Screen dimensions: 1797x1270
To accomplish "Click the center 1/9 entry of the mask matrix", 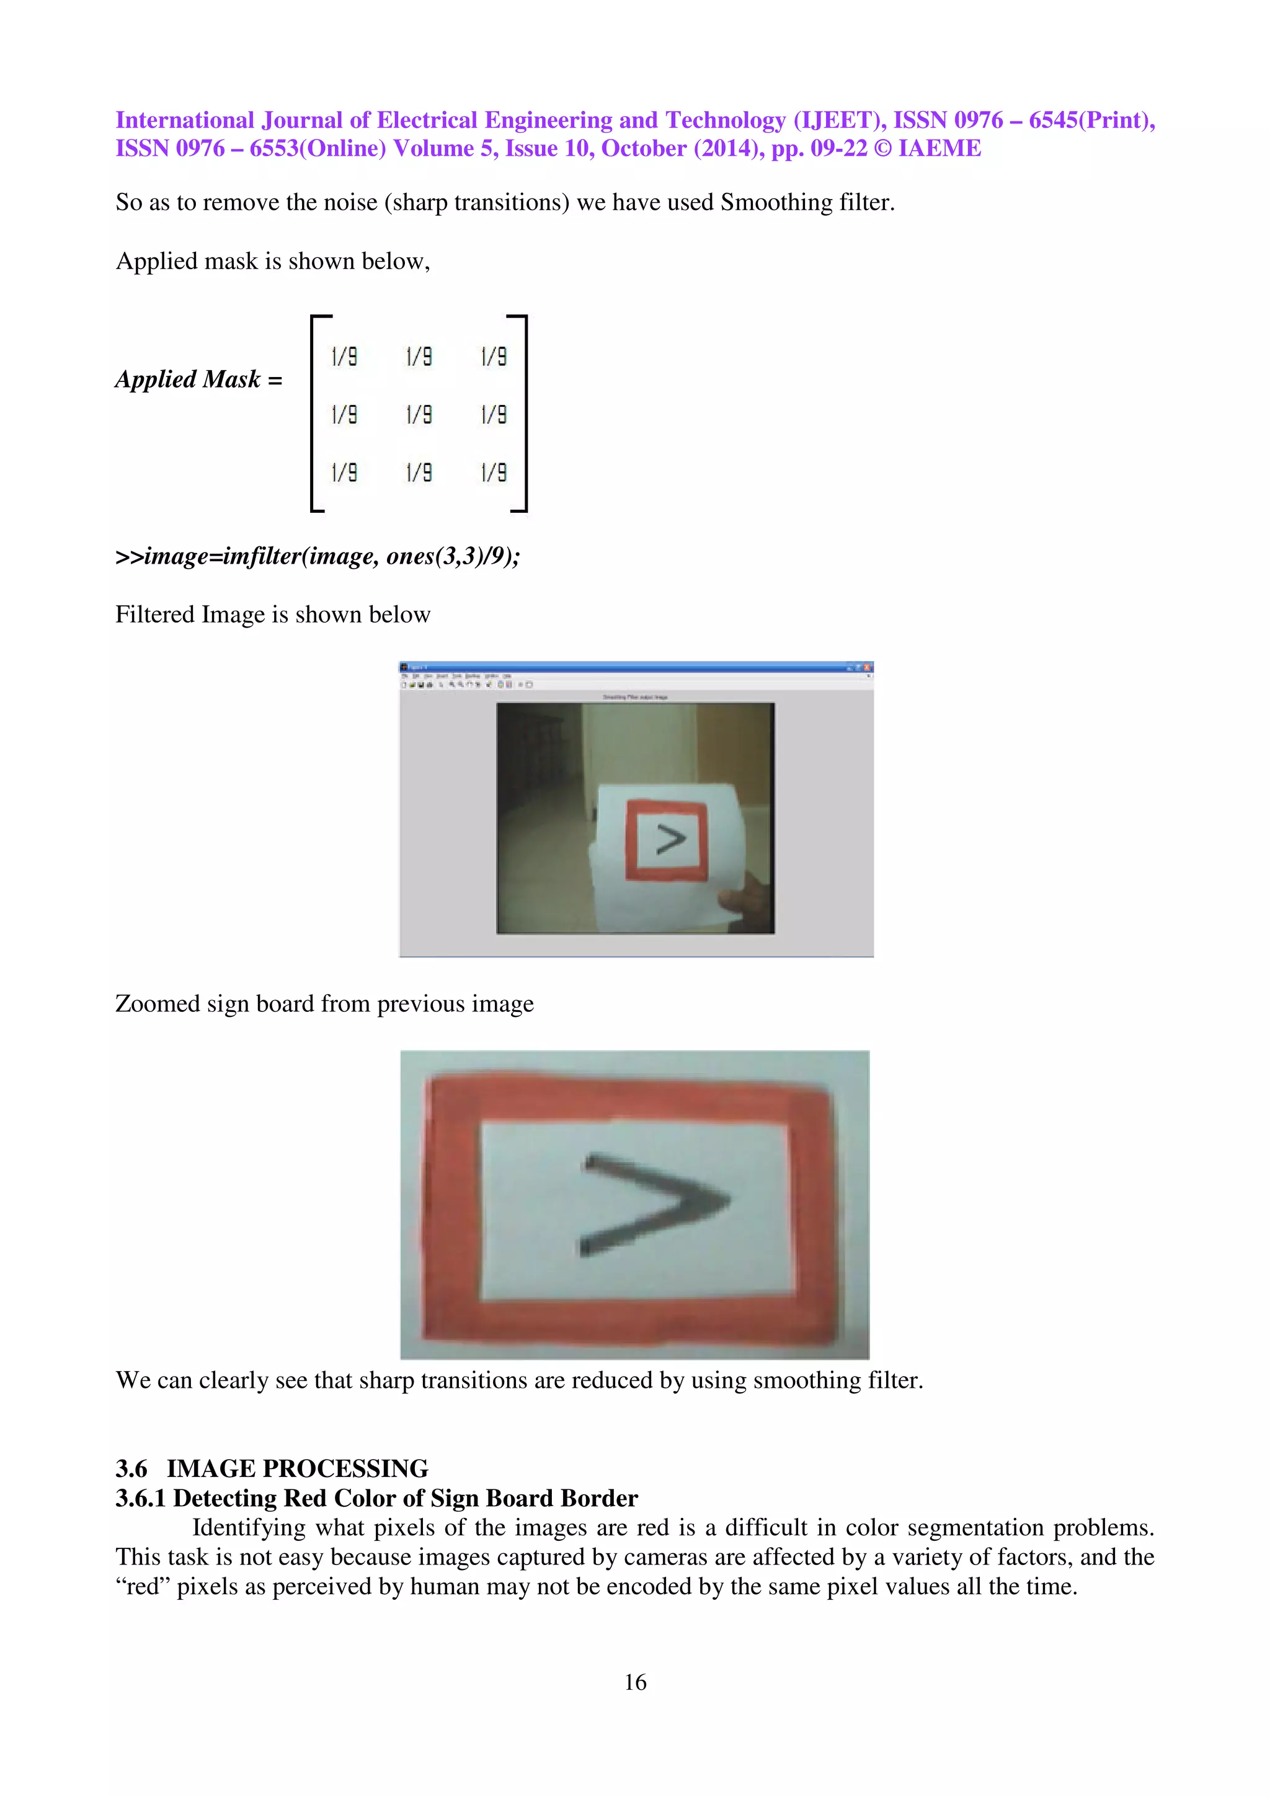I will (x=419, y=414).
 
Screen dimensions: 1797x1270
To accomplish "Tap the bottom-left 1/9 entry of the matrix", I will (x=344, y=472).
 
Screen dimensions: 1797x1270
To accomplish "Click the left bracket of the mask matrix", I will (x=314, y=413).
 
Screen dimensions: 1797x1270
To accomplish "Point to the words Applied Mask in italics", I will (x=188, y=379).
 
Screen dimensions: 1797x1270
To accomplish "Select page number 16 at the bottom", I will (x=634, y=1681).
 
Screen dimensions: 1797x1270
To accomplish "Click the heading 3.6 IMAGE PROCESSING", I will (x=272, y=1468).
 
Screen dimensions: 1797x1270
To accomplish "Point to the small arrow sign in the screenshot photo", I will (x=670, y=840).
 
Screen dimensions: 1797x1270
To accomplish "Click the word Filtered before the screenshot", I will (x=155, y=615).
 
